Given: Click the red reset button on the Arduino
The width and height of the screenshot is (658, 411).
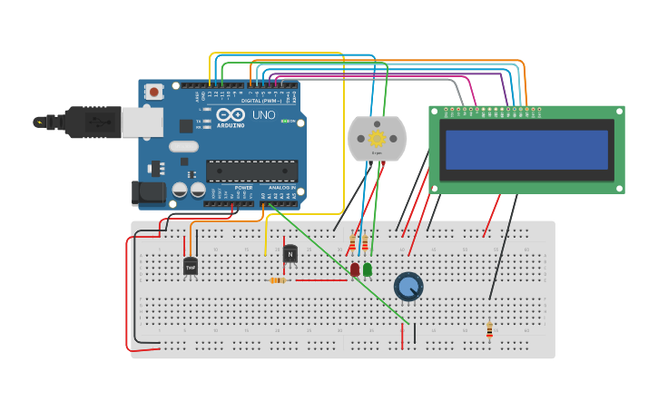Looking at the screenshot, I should point(154,91).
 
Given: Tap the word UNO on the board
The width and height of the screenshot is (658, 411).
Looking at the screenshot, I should point(263,115).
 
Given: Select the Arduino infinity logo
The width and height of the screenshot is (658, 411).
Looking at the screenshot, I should point(231,115).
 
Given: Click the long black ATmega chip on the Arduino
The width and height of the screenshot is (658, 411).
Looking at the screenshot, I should point(251,171).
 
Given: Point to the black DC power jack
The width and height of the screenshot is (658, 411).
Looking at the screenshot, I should point(147,191).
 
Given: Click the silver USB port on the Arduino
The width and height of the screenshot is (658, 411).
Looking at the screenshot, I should point(142,122).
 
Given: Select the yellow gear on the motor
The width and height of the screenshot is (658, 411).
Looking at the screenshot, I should point(377,138).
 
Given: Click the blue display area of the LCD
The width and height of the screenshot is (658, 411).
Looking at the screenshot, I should point(526,150).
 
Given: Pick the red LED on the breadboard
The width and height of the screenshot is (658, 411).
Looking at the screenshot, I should point(355,269).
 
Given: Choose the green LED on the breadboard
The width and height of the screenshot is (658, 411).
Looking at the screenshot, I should point(367,269).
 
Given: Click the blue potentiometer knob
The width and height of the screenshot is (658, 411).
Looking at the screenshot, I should point(408,287).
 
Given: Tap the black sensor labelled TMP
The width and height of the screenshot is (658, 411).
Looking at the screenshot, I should point(191,267).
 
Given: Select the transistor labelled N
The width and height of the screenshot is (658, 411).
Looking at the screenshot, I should point(290,254).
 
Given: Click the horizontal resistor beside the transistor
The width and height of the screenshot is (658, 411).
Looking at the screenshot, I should point(278,280).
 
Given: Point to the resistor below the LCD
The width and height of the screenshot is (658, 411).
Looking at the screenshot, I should point(489,329).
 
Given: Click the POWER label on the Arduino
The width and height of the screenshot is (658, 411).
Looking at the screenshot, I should point(242,187).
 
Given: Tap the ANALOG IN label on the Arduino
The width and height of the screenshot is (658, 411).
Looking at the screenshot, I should point(281,187).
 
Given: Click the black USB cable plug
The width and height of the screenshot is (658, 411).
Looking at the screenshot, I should point(86,122).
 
